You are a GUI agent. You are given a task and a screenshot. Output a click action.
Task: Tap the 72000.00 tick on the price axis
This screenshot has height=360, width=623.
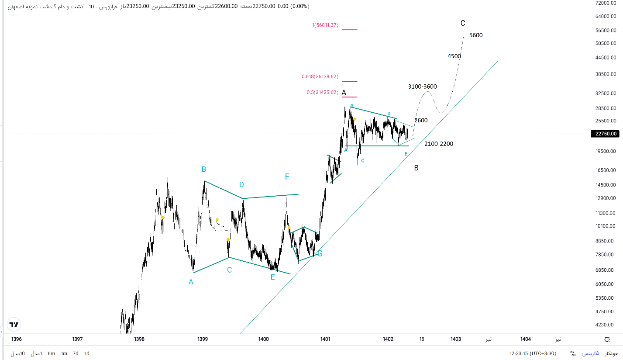607,3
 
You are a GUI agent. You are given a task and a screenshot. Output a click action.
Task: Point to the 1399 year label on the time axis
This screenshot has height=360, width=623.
202,339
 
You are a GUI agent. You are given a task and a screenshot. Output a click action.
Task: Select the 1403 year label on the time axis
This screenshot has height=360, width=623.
455,339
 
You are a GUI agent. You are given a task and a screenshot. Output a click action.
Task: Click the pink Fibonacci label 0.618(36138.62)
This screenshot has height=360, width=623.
320,77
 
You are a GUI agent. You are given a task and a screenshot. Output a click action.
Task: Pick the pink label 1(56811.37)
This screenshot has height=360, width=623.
325,25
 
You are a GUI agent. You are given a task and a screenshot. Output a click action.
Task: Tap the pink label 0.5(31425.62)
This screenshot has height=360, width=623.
322,93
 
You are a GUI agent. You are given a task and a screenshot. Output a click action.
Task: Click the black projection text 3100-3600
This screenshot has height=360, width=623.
422,87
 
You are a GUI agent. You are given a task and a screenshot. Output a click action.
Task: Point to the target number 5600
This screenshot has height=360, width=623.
476,35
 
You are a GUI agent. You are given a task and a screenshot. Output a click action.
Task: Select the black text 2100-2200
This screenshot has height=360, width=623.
438,144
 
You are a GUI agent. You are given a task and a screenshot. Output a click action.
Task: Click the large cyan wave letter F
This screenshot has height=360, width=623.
287,177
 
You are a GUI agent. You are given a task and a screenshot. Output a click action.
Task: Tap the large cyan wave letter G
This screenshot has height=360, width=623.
320,253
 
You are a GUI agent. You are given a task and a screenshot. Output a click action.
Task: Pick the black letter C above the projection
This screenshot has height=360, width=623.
463,23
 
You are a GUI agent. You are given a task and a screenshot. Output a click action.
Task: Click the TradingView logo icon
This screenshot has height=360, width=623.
14,324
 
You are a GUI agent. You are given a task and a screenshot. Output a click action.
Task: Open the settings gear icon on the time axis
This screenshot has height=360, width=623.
607,339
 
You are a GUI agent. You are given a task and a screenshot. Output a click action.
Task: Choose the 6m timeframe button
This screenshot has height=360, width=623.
51,353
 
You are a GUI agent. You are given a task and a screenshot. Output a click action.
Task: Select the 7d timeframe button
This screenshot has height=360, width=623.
76,353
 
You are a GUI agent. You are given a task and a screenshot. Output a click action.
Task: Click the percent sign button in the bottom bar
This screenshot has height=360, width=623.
572,353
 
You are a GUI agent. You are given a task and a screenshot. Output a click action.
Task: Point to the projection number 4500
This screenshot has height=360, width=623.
454,56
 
